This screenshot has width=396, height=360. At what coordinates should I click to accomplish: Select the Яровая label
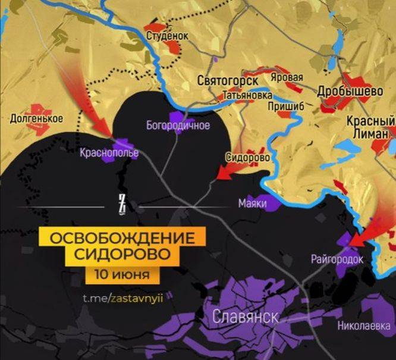(x=287, y=78)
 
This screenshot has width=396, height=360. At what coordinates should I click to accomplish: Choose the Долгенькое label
(x=37, y=118)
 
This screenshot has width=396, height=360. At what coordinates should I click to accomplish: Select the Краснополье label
(x=109, y=153)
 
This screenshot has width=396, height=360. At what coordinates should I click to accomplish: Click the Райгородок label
(x=337, y=259)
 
